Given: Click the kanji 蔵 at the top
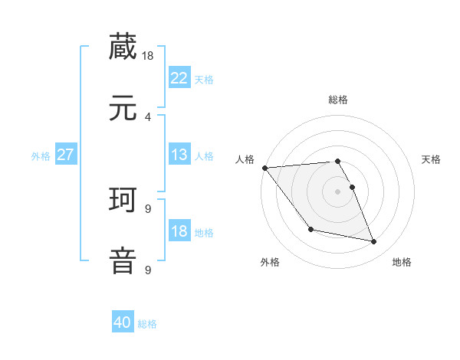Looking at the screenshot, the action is [x=123, y=46].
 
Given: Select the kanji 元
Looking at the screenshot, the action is [x=123, y=108].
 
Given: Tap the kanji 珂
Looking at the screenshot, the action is [x=123, y=200].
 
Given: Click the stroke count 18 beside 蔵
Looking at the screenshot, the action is [x=149, y=55].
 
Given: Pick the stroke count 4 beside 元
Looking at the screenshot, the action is [x=148, y=116].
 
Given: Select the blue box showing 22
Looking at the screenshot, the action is [x=179, y=78].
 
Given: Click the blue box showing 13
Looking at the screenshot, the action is [x=179, y=155].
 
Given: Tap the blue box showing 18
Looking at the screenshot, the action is [x=179, y=231].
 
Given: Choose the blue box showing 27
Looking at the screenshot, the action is [x=66, y=155].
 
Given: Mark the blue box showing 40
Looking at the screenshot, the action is [x=123, y=322].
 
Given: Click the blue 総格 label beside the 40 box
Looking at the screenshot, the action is [x=147, y=324].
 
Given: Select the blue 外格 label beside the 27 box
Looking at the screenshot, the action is [x=41, y=156].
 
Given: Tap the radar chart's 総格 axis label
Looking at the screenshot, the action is [x=338, y=100].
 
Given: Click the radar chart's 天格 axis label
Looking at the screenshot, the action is [x=432, y=159].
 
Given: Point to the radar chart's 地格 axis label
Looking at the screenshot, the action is [x=402, y=262].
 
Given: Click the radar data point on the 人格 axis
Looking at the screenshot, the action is [x=264, y=168].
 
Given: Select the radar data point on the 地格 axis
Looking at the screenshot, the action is [x=374, y=242].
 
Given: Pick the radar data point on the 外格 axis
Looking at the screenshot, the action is [x=310, y=229].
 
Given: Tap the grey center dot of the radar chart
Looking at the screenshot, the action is [x=338, y=191].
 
